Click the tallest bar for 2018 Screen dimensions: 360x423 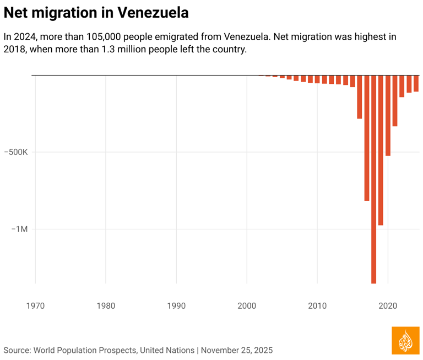tap(374, 179)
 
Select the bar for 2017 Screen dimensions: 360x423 tap(367, 138)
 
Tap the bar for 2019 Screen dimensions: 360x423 tap(381, 150)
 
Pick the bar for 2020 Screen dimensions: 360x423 tap(388, 115)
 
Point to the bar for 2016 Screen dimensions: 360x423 tap(360, 97)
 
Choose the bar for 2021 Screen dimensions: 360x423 tap(395, 101)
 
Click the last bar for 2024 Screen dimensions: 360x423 tap(416, 83)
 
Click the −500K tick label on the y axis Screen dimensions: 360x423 tap(16, 152)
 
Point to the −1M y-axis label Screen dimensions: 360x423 tap(19, 229)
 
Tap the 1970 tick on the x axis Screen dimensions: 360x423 tap(35, 305)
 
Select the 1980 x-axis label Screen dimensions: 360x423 tap(106, 305)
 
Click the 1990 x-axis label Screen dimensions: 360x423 tap(176, 305)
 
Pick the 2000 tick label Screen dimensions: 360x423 tap(247, 305)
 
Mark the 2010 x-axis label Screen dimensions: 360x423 tap(317, 305)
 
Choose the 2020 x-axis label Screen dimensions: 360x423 tap(388, 305)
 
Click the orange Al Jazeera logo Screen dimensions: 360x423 tap(405, 340)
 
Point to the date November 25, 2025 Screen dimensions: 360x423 tap(237, 350)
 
